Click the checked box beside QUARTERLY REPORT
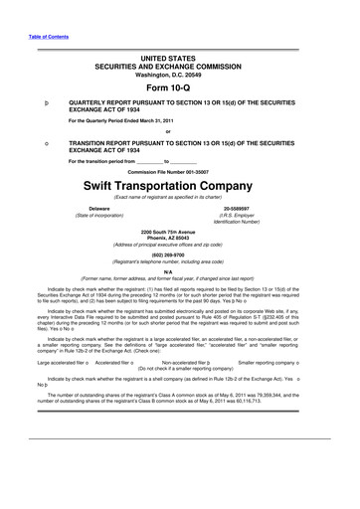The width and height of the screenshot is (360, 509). pos(36,103)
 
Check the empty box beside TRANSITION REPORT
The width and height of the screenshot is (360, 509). pos(36,142)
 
